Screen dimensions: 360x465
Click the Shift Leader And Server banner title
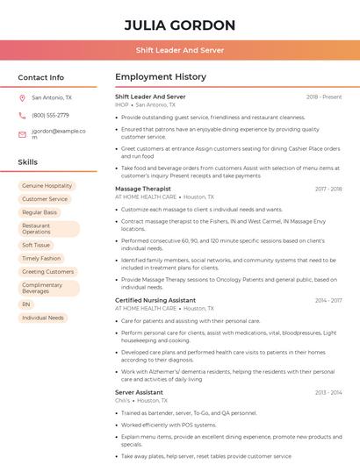[x=180, y=50]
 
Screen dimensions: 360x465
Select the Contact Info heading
[x=40, y=77]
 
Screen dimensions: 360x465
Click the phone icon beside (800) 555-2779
[x=22, y=115]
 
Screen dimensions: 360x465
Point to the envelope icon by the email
[x=22, y=134]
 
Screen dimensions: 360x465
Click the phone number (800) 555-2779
[x=50, y=115]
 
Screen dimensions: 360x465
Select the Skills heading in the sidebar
[x=27, y=162]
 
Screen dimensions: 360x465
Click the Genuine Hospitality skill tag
[x=47, y=186]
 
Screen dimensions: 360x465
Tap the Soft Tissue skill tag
[x=37, y=245]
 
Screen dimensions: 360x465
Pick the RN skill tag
[x=25, y=304]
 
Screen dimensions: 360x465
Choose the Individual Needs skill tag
[x=43, y=318]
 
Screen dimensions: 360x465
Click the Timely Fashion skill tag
[x=41, y=258]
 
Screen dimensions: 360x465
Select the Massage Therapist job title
[x=143, y=189]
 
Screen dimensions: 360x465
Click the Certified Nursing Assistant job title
[x=155, y=300]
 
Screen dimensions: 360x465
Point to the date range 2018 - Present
[x=324, y=97]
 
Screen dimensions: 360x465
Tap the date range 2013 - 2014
[x=328, y=392]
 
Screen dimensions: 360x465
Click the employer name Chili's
[x=123, y=400]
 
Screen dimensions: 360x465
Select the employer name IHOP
[x=121, y=104]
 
